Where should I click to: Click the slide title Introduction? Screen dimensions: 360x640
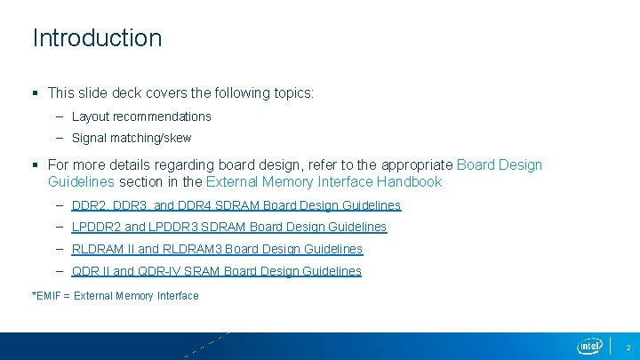(97, 38)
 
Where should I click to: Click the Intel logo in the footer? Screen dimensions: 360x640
(589, 345)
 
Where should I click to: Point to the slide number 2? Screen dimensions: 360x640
(628, 346)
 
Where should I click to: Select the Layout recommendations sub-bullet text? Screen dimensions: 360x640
(141, 116)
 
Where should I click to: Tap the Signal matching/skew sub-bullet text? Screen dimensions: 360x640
(132, 138)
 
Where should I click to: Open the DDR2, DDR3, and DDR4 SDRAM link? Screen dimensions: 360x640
(236, 205)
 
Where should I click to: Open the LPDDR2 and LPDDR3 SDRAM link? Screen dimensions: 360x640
(229, 227)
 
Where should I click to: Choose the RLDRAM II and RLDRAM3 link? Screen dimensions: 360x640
(217, 249)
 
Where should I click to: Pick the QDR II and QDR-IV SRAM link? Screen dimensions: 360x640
(217, 271)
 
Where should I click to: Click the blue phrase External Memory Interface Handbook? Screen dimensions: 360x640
(324, 182)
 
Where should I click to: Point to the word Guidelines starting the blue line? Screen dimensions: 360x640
(81, 182)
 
